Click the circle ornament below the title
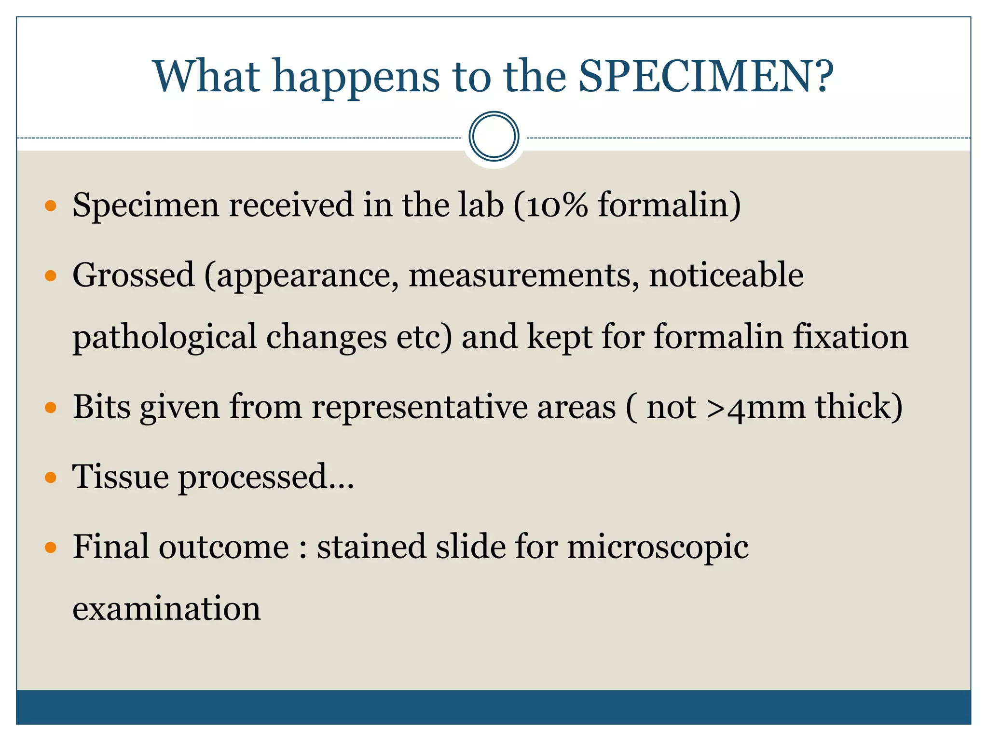(494, 136)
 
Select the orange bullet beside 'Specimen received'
(51, 206)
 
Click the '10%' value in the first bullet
(557, 205)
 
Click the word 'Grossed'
(134, 275)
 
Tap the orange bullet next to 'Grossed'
(51, 276)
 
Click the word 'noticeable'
(726, 275)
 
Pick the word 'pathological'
(165, 337)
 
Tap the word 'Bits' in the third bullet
(101, 407)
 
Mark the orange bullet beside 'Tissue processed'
(51, 478)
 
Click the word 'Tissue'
(120, 477)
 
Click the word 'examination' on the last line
(166, 608)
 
